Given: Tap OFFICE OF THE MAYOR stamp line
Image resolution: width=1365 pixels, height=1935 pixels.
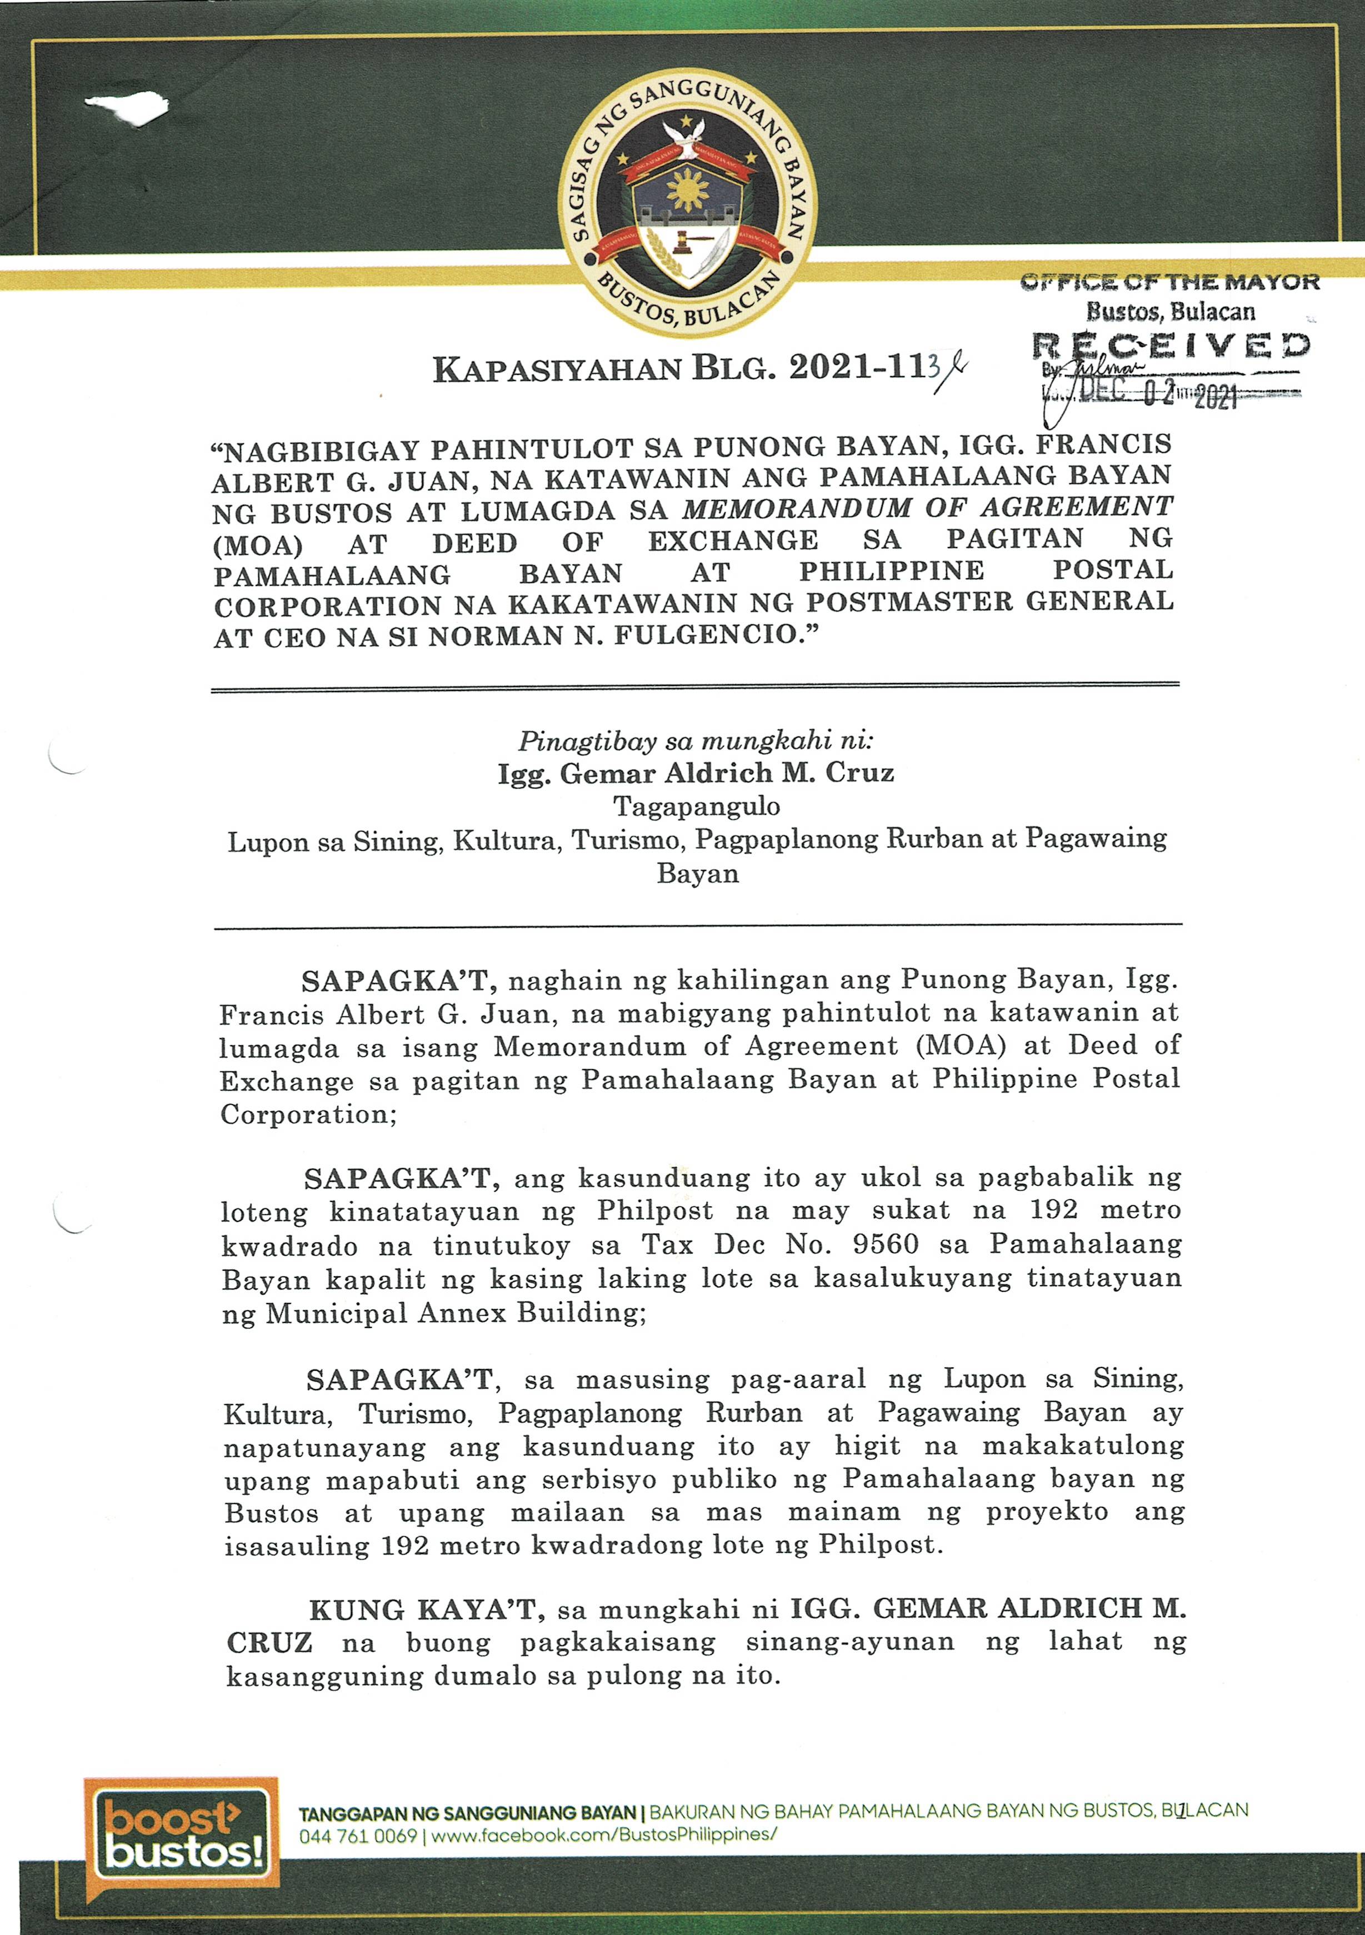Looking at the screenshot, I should pos(1169,282).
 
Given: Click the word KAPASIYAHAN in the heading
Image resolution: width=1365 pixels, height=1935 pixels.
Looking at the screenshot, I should pos(557,370).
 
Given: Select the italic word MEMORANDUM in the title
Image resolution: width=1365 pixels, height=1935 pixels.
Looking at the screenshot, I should pos(797,508).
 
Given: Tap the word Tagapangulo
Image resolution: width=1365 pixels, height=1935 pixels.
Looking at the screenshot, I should pos(697,806).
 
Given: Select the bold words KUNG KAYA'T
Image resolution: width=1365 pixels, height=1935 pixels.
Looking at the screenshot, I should pos(422,1611).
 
